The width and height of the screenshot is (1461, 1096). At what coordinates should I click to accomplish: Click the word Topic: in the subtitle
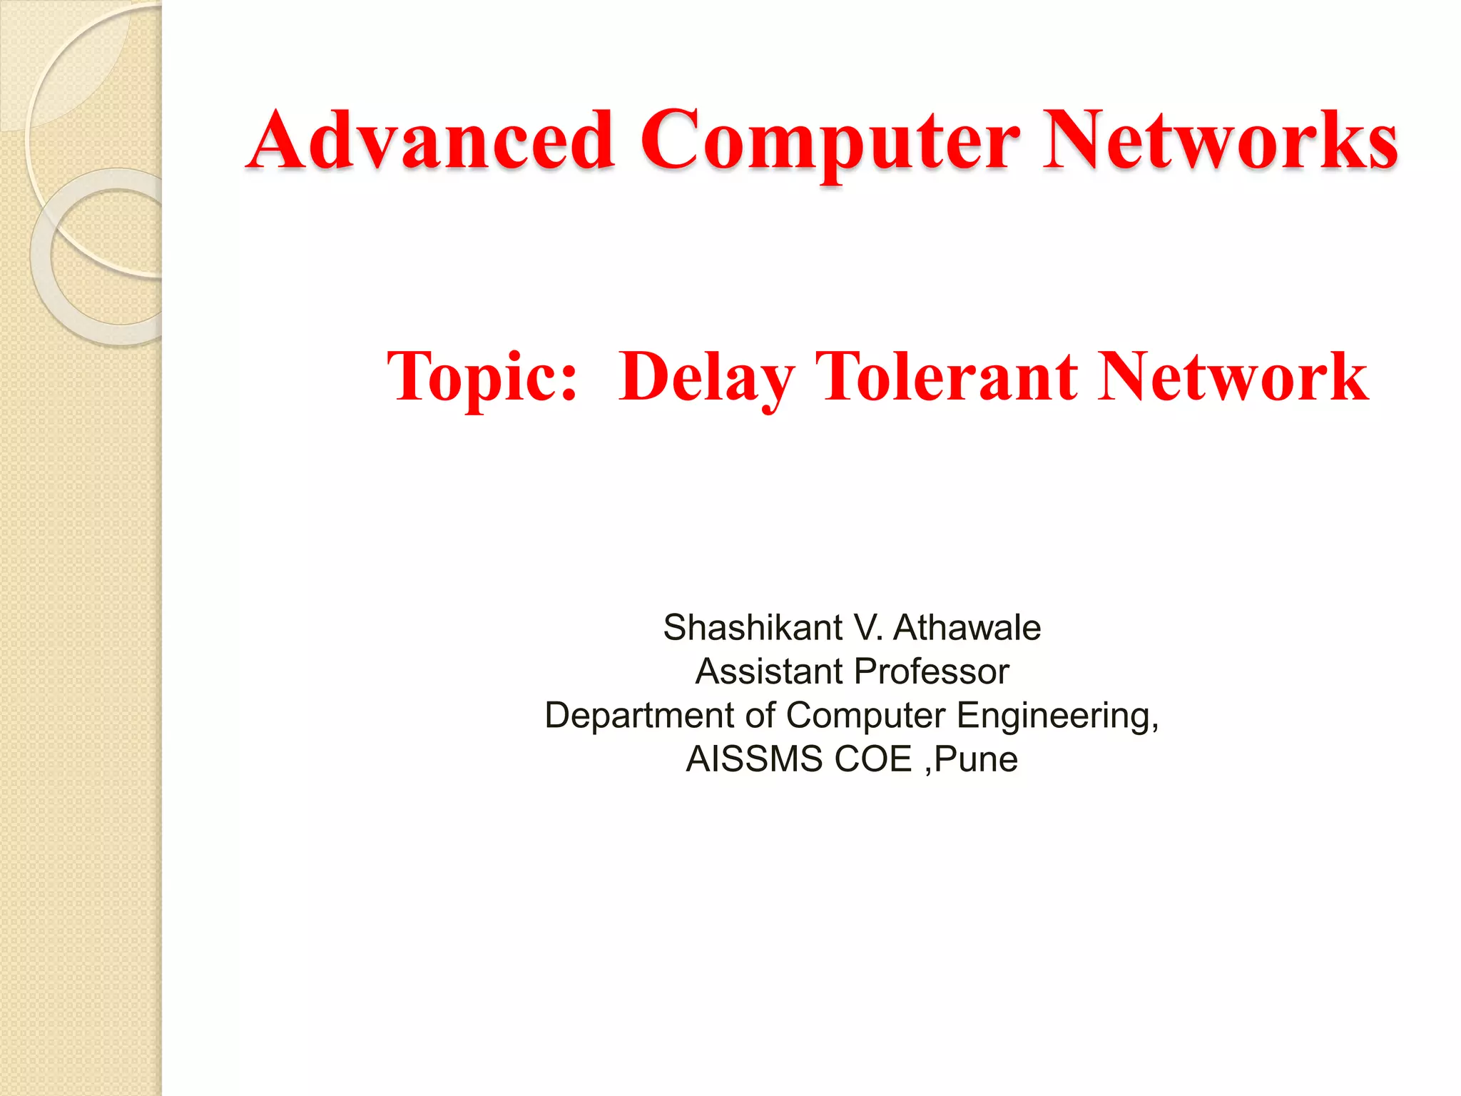pyautogui.click(x=482, y=378)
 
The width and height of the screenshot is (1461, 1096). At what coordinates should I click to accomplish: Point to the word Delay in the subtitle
pyautogui.click(x=706, y=378)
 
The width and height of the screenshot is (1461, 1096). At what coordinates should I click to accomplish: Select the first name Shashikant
pyautogui.click(x=753, y=628)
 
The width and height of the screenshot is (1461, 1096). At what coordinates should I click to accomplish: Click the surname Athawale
pyautogui.click(x=967, y=628)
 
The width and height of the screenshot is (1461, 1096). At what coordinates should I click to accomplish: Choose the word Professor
pyautogui.click(x=932, y=671)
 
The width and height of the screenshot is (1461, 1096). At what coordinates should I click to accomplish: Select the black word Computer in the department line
pyautogui.click(x=865, y=715)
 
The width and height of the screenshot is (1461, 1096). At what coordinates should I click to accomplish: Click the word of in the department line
pyautogui.click(x=760, y=715)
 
